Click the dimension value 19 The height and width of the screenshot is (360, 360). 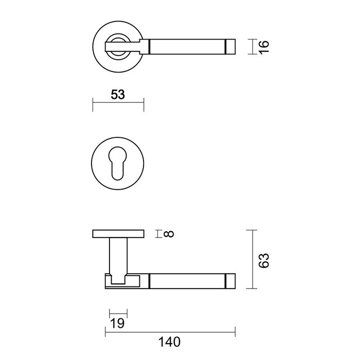tap(118, 323)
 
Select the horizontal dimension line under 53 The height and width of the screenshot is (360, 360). tap(118, 104)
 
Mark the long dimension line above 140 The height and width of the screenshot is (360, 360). tap(170, 331)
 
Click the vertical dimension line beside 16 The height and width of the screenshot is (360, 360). tap(250, 47)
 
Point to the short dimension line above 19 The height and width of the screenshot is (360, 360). tap(118, 314)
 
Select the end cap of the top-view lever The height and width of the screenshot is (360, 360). tap(230, 47)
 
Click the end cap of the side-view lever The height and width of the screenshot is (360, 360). tap(230, 281)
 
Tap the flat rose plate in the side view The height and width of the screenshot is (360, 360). tap(118, 235)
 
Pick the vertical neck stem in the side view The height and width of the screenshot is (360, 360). tap(118, 255)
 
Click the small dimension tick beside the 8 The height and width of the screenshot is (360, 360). tap(157, 234)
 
